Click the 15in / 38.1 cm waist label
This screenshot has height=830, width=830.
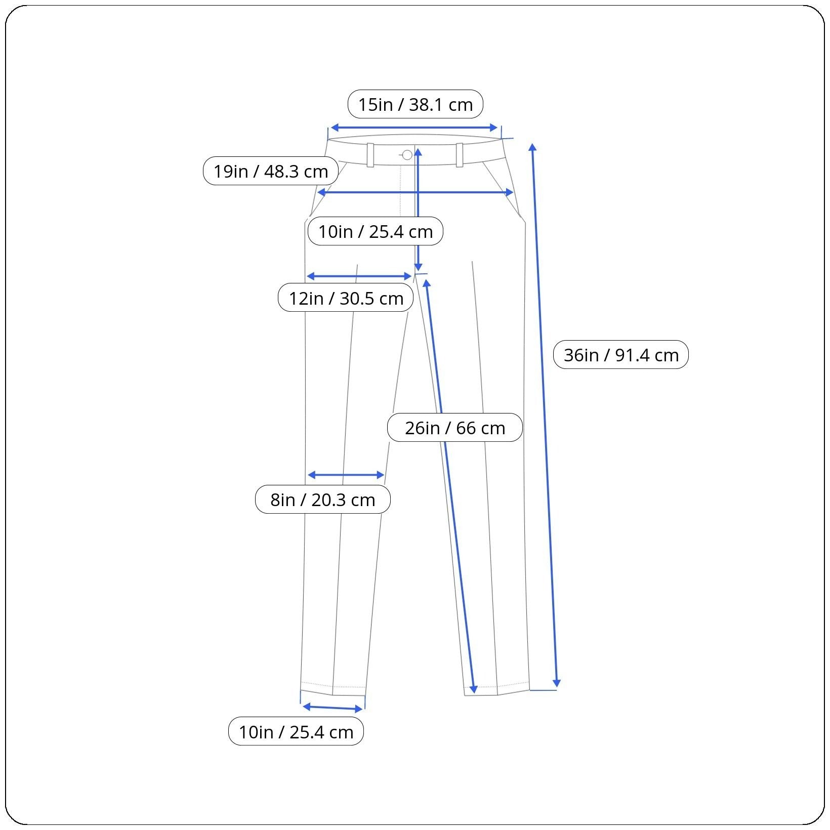(415, 104)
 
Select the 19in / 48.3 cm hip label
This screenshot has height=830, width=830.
(270, 171)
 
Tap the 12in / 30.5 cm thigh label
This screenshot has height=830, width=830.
(346, 298)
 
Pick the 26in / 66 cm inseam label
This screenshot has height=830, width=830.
(454, 428)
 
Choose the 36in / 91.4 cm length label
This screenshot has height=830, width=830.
(620, 355)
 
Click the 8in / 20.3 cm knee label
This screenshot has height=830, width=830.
(322, 500)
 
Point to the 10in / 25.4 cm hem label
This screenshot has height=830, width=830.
(296, 732)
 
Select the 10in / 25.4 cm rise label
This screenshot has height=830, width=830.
(375, 231)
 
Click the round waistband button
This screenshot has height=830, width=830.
(407, 155)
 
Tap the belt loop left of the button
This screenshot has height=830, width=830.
(370, 155)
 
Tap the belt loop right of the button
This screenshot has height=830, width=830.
(460, 155)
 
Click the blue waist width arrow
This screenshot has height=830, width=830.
(414, 128)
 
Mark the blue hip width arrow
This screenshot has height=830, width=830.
(415, 192)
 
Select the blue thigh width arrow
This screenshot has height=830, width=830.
(359, 276)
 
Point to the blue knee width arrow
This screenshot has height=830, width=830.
(346, 475)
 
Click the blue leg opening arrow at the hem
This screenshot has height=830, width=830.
(333, 708)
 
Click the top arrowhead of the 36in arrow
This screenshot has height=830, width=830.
(532, 147)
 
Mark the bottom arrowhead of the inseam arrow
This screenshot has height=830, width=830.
(474, 689)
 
